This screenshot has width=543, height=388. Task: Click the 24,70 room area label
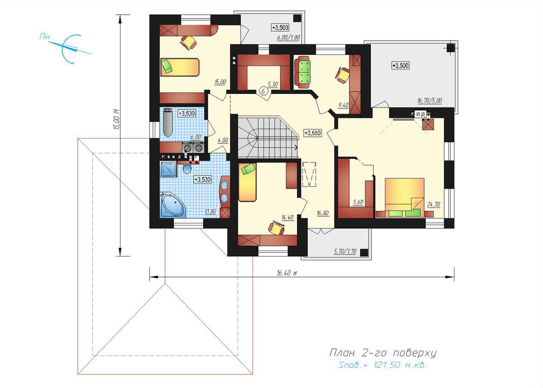pos(433,205)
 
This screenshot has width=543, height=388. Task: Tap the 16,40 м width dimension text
pos(287,273)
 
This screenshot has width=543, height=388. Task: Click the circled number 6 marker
pos(263,91)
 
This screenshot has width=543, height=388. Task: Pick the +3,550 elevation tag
pos(312,133)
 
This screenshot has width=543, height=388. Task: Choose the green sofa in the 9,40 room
pos(302,72)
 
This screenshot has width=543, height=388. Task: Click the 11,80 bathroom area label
pos(211,211)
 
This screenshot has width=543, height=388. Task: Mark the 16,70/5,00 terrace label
pos(430,101)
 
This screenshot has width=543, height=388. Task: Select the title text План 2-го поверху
pos(382,353)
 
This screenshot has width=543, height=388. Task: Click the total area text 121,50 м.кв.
pos(401,365)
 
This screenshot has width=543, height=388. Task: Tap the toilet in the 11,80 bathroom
pos(187,168)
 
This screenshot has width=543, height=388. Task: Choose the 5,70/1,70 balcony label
pos(345,252)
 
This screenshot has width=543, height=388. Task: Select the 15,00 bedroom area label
pos(220,82)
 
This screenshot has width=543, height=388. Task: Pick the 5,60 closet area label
pos(358,203)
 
